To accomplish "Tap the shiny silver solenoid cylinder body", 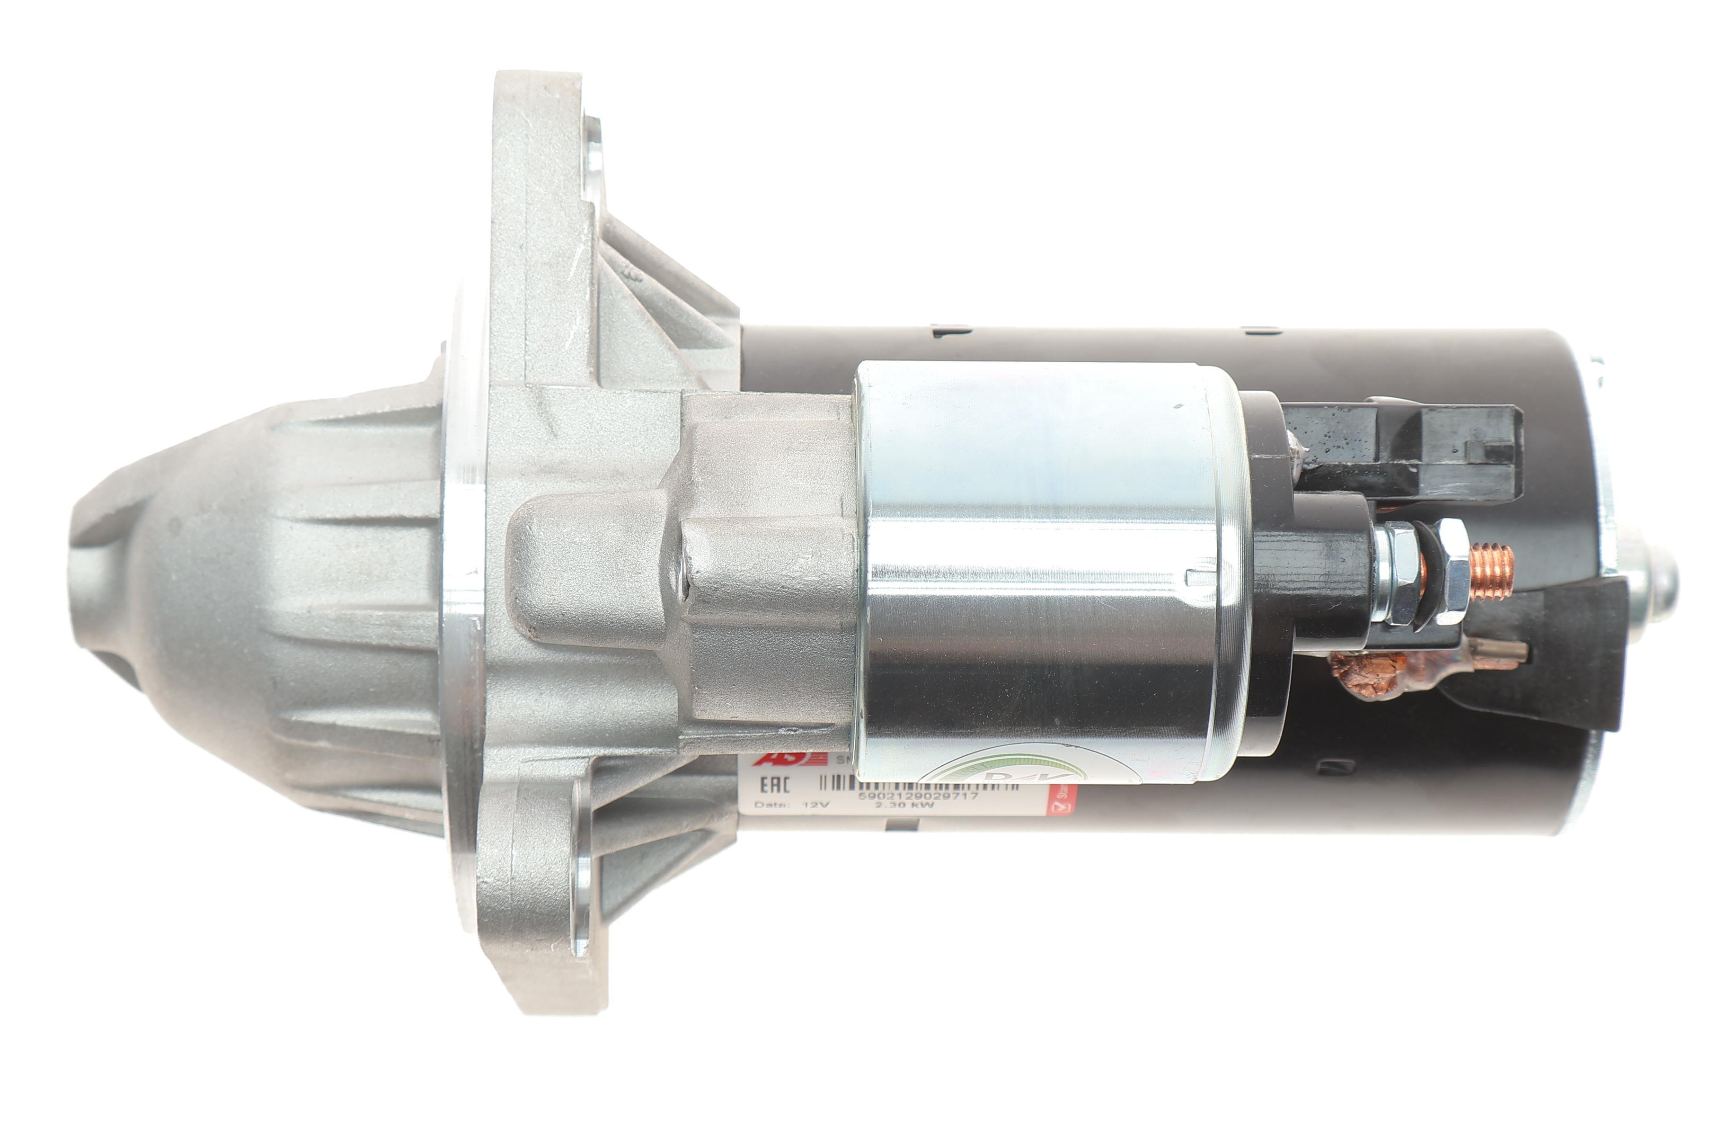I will pyautogui.click(x=1045, y=570).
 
